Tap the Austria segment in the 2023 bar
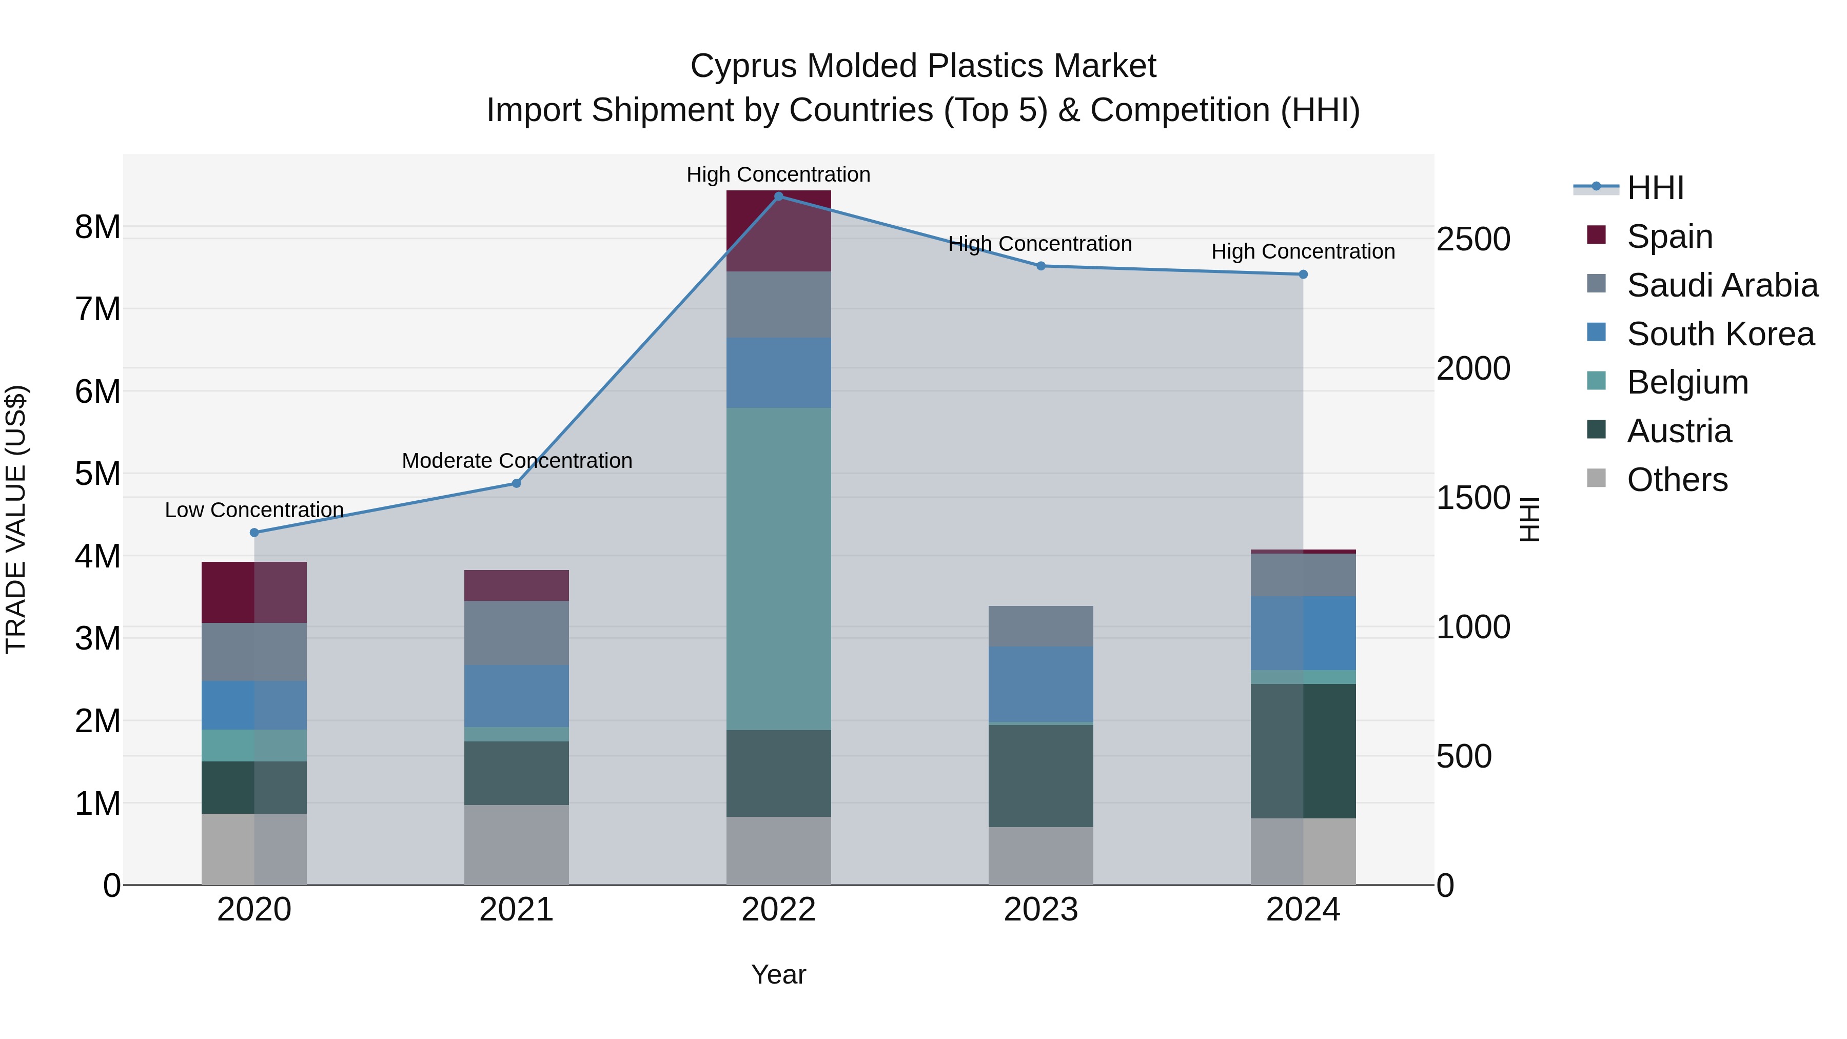point(1040,776)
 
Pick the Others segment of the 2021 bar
point(516,845)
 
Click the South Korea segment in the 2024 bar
point(1303,633)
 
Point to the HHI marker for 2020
point(254,533)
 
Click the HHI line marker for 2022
point(779,197)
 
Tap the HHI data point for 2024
point(1303,275)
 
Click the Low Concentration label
point(254,511)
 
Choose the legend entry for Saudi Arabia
point(1721,285)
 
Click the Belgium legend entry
point(1686,382)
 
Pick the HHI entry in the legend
point(1655,188)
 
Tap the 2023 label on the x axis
point(1040,910)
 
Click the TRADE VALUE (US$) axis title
point(16,519)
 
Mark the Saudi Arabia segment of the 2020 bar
point(254,652)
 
